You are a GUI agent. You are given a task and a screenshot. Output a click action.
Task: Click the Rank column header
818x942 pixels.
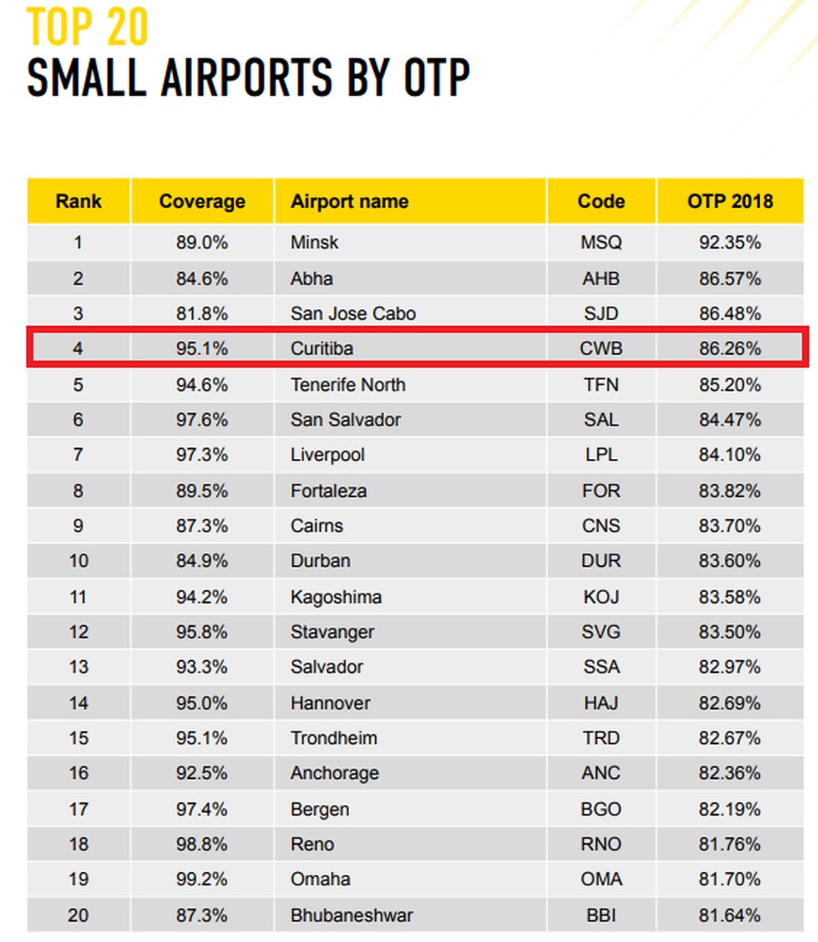click(x=78, y=201)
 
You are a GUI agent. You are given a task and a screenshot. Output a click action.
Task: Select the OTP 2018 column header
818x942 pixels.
click(x=730, y=201)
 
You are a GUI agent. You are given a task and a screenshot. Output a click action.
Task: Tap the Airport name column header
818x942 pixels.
click(x=349, y=201)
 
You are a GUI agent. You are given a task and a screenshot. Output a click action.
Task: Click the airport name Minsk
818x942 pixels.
click(x=314, y=243)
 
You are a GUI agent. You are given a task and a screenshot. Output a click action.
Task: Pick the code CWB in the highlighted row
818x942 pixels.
click(x=600, y=348)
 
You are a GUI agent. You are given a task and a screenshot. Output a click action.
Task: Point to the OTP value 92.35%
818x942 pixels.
click(x=730, y=243)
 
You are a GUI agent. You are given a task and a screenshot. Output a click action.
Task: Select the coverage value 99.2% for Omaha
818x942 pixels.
click(x=202, y=879)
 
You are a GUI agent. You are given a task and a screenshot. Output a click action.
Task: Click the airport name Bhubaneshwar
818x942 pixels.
click(x=352, y=915)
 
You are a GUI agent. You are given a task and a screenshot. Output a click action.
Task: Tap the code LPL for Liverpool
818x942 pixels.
click(x=600, y=455)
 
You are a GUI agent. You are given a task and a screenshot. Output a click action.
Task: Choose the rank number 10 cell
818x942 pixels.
click(x=78, y=560)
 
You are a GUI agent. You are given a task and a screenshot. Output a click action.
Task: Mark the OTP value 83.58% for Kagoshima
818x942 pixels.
click(x=730, y=596)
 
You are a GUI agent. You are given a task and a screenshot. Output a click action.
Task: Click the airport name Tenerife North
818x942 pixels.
click(x=348, y=385)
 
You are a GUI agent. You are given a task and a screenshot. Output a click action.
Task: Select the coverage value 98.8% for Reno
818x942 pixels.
click(x=202, y=844)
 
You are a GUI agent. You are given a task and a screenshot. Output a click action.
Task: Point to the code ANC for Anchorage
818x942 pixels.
click(x=600, y=773)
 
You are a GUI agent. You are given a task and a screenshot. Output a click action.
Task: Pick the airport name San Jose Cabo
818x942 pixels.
click(x=353, y=313)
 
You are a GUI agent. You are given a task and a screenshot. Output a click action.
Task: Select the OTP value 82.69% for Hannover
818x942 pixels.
click(x=730, y=703)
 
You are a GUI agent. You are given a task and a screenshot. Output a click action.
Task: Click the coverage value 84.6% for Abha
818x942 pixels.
click(x=202, y=279)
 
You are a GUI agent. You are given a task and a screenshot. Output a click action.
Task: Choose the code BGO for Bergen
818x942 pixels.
click(x=600, y=809)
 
